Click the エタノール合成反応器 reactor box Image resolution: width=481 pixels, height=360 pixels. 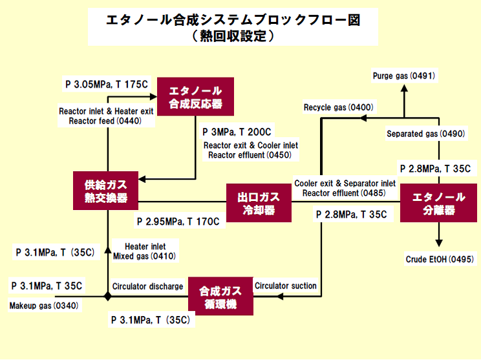tap(195, 97)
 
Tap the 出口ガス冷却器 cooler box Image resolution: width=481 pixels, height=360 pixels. tap(257, 202)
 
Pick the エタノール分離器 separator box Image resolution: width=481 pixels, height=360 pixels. tap(440, 204)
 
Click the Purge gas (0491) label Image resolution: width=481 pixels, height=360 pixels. tap(403, 76)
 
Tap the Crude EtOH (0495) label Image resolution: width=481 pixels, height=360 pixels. tap(440, 259)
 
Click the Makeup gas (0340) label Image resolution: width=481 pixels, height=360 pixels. tap(43, 306)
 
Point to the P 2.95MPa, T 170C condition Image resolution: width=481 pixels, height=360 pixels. tap(178, 222)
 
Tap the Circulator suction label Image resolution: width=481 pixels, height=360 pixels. tap(286, 286)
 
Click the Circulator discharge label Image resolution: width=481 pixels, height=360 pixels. tap(147, 286)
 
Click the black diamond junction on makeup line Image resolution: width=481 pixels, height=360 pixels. tap(108, 297)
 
